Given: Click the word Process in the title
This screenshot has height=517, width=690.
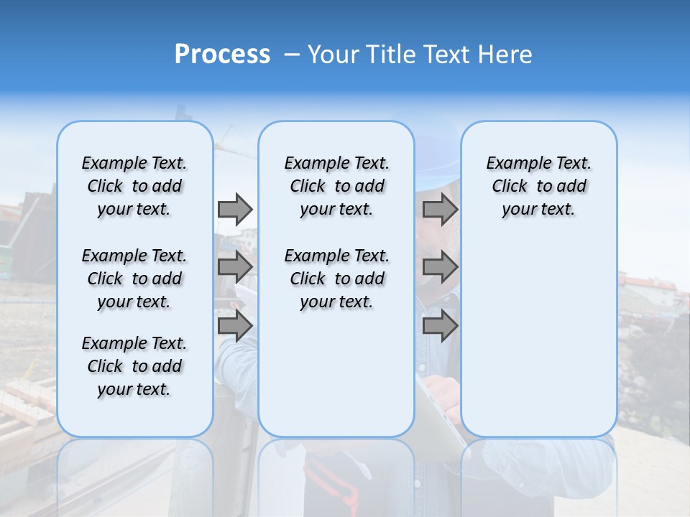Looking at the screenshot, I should coord(222,55).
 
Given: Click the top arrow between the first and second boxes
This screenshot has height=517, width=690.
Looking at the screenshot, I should coord(235,209).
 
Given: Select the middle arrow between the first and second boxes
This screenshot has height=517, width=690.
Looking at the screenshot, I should coord(235,267).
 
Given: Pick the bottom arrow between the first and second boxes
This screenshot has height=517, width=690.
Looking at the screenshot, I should coord(235,325).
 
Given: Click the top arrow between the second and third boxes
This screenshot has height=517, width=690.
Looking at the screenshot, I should coord(440,209).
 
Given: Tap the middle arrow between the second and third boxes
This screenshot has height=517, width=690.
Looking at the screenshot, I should coord(440,267).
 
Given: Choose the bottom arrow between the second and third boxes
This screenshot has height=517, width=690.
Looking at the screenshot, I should coord(440,325).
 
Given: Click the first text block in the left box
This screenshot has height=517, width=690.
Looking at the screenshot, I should coord(134,186).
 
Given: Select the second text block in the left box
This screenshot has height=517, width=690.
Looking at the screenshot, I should coord(134,279).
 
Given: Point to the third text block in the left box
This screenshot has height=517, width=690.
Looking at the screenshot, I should coord(134,366).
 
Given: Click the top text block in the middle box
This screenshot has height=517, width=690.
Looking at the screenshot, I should coord(336,186).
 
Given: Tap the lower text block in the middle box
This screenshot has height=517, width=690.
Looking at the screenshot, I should coord(336,279).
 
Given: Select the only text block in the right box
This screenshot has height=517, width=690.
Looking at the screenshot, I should coord(538,186).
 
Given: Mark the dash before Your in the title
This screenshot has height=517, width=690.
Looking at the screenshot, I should coord(292,55).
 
